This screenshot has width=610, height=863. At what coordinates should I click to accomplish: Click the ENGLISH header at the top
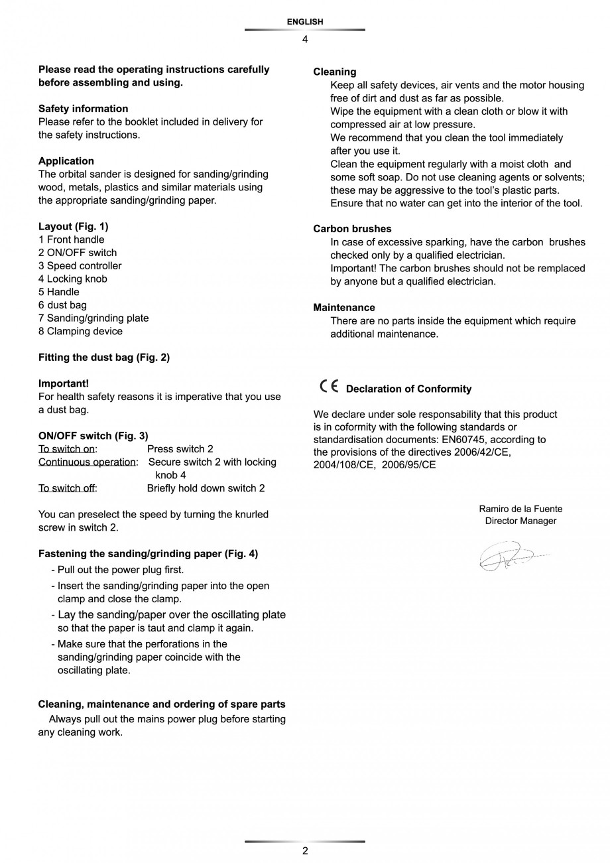coord(305,22)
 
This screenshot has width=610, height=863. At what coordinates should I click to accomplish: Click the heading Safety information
coord(84,109)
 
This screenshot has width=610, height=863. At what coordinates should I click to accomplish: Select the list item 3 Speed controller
coord(80,266)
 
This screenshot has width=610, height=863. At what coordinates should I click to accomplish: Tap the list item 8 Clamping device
coord(80,331)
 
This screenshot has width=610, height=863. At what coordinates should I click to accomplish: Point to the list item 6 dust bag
coord(62,305)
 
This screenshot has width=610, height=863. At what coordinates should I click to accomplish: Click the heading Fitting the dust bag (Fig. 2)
coord(104,358)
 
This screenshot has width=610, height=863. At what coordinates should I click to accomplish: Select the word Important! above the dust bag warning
coord(64,383)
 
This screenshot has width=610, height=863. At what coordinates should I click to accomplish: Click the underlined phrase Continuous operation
coord(87,462)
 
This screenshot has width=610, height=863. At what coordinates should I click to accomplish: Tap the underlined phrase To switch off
coord(66,488)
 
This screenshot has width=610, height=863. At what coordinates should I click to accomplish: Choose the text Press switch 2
coord(180,449)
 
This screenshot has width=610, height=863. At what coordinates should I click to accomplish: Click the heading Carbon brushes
coord(352,229)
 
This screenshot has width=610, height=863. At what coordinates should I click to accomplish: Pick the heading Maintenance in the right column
coord(344,308)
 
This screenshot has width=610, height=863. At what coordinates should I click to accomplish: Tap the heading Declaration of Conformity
coord(408,389)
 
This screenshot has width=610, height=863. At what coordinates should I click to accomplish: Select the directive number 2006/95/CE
coord(408,465)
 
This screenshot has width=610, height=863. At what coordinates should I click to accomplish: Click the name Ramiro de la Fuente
coord(520,509)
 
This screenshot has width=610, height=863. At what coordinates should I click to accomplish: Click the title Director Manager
coord(520,521)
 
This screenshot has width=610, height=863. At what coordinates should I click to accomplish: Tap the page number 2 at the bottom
coord(305,851)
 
